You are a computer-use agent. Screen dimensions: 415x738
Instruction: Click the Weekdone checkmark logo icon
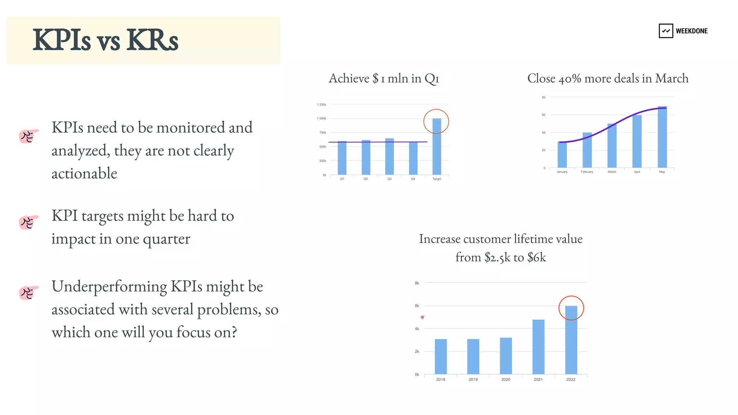click(666, 31)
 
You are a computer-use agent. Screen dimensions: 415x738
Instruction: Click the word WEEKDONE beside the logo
click(692, 31)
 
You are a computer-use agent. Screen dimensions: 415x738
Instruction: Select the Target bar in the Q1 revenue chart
click(437, 147)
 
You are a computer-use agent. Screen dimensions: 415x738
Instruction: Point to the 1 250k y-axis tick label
click(321, 105)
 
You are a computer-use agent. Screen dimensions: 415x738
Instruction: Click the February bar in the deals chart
click(587, 150)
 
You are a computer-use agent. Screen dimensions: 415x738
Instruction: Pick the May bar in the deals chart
click(662, 137)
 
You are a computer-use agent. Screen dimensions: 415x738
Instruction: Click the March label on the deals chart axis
click(612, 172)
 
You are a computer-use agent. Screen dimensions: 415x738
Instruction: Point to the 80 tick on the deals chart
click(544, 97)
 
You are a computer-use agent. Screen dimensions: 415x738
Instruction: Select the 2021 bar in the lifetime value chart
click(538, 347)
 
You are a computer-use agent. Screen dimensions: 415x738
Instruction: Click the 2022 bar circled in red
click(571, 340)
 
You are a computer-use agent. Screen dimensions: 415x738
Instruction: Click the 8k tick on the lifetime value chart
click(417, 283)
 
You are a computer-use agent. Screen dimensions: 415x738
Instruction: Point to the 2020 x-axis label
click(506, 380)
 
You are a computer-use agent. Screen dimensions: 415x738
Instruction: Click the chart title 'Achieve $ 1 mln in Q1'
click(384, 79)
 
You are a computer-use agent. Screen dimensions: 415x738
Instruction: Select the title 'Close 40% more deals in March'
click(608, 79)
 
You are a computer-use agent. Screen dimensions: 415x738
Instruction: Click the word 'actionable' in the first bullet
click(84, 173)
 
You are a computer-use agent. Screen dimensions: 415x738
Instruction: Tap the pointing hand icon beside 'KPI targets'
click(28, 222)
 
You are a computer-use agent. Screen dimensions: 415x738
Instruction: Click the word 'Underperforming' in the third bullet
click(109, 287)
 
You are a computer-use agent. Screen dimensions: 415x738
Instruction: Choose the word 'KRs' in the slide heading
click(152, 40)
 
